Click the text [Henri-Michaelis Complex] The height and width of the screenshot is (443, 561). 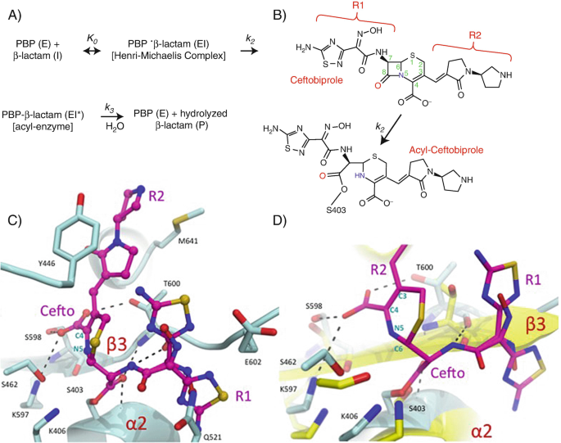[171, 56]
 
